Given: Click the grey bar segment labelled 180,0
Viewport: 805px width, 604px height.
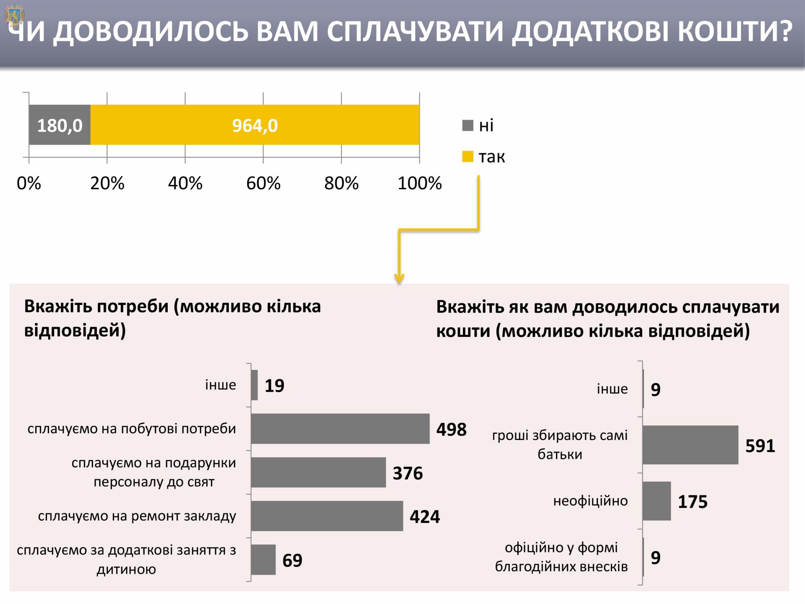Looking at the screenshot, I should point(60,125).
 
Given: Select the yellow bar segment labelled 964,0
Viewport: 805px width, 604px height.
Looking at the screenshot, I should point(255,125).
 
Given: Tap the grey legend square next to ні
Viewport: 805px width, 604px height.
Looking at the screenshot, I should point(467,125).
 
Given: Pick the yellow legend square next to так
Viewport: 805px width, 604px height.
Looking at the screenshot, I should point(467,157).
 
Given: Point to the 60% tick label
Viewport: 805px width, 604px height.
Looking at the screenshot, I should point(263,183).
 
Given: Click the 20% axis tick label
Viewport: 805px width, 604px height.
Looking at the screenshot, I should point(107,183).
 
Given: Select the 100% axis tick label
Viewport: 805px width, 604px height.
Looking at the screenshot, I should point(420,183).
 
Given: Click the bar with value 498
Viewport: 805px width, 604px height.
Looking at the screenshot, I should point(340,429).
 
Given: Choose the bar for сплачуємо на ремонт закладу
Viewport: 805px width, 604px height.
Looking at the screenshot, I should point(327,516).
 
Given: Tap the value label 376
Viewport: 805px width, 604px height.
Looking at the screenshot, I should point(408,473).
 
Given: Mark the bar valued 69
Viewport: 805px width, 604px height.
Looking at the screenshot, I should point(263,560).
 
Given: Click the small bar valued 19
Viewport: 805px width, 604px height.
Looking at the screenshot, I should point(254,385).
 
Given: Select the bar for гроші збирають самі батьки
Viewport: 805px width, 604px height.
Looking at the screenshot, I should point(690,445).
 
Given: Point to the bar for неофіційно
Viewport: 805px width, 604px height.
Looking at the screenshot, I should point(657,501).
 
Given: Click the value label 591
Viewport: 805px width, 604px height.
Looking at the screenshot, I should point(760,446).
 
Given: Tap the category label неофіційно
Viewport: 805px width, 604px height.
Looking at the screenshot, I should point(590,501).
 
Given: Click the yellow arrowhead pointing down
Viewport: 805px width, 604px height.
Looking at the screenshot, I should point(399,278).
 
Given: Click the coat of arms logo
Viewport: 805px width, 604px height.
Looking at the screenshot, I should point(15,16).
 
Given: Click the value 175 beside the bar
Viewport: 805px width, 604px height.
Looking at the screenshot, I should point(693,502).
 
